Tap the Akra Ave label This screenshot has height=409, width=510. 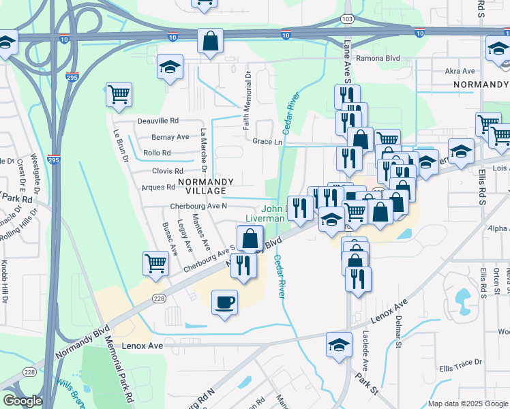(460, 71)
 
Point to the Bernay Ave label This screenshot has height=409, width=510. (170, 136)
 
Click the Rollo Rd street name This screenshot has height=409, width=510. (157, 153)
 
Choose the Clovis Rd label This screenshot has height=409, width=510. (167, 171)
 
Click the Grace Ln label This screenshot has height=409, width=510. (267, 142)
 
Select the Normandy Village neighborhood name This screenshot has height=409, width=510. (206, 182)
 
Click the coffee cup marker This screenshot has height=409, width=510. (224, 302)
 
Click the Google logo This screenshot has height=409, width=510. (22, 401)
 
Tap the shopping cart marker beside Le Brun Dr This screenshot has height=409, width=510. (119, 95)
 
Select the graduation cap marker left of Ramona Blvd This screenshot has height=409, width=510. (170, 67)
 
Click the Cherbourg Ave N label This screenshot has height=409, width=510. (198, 206)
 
